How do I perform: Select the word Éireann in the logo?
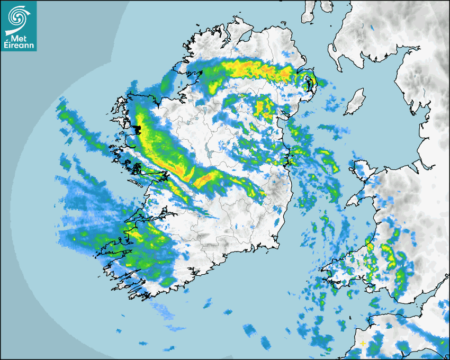pos(19,46)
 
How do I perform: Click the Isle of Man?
pos(355,102)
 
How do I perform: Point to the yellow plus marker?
pos(363,343)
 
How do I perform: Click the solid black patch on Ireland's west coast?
pos(138,129)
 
